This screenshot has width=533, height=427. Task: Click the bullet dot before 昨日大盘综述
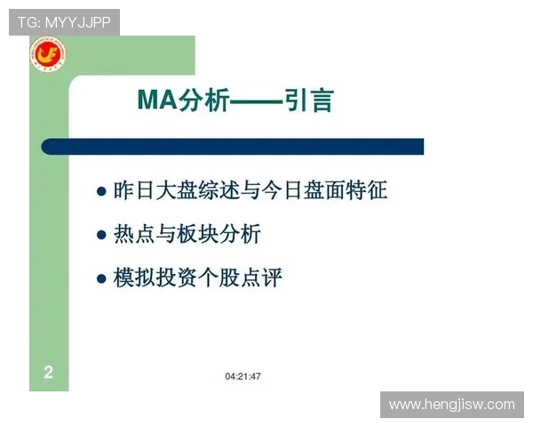click(x=101, y=191)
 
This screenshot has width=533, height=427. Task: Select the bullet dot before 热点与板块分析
click(x=101, y=235)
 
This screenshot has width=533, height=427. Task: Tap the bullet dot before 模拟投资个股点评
click(x=101, y=278)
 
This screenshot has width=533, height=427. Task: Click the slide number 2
click(x=49, y=373)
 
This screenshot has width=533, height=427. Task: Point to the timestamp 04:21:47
click(x=243, y=376)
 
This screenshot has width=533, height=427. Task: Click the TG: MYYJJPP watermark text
click(x=64, y=22)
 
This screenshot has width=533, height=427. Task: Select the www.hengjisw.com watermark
click(x=451, y=405)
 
